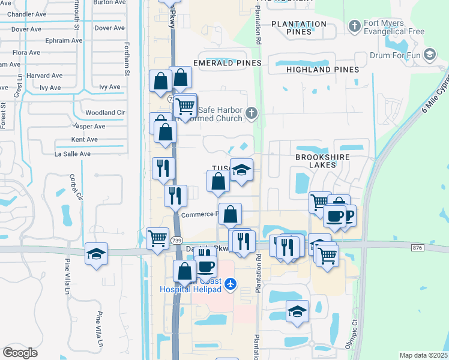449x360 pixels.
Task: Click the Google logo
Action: pos(20,352)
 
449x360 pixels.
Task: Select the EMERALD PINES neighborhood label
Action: pos(228,63)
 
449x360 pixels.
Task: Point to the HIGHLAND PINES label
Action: pos(322,70)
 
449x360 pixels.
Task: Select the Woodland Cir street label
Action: pos(105,112)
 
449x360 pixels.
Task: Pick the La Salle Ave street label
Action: pos(72,154)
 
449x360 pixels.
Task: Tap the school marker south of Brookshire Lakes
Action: pos(297,312)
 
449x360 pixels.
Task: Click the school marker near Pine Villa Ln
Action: pos(96,254)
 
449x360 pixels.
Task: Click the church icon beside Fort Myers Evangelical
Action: pos(355,26)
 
